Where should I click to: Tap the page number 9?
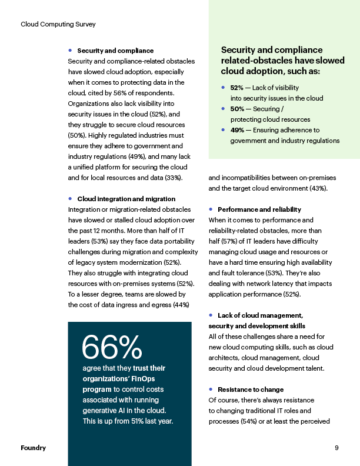[336, 448]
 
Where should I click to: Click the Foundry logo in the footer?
[34, 448]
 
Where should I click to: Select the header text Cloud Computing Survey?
[58, 24]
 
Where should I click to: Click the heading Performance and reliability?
[259, 209]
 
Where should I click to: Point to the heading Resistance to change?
[251, 390]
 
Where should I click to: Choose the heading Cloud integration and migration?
[126, 199]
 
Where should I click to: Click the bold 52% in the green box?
[237, 88]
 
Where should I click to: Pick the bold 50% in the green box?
[237, 109]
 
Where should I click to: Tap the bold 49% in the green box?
[237, 130]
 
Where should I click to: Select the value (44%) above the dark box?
[179, 304]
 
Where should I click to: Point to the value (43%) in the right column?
[317, 188]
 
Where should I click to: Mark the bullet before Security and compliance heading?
[70, 51]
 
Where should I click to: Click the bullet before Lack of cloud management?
[211, 315]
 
